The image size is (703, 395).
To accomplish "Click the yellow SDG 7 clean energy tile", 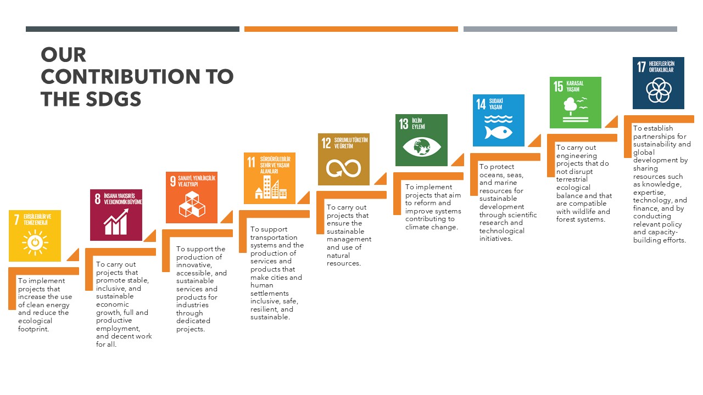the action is (35, 236).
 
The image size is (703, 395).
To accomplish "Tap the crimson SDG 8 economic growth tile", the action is (116, 215).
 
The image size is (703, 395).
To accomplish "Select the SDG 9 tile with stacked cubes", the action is (192, 198).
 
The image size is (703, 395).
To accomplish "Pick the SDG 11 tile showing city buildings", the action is (270, 178).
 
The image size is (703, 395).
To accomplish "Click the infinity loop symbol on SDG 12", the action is (343, 168).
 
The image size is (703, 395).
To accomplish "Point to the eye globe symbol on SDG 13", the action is (421, 146).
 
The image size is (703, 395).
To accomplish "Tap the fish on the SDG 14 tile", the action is (498, 132).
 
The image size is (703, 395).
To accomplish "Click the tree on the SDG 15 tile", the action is (570, 105).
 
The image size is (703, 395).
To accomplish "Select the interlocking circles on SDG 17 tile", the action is (659, 91).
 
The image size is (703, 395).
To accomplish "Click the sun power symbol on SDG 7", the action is (35, 242).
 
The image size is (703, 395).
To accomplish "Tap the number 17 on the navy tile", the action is (641, 67).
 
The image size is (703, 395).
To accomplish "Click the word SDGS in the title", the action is (113, 99).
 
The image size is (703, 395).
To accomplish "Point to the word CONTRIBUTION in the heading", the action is (120, 76).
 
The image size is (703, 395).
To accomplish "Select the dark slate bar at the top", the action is (132, 29).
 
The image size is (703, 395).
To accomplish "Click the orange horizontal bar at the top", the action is (351, 29).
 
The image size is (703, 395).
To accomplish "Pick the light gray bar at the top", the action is (570, 29).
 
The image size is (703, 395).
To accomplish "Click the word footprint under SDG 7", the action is (34, 329).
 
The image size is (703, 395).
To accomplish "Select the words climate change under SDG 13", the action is (432, 227).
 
